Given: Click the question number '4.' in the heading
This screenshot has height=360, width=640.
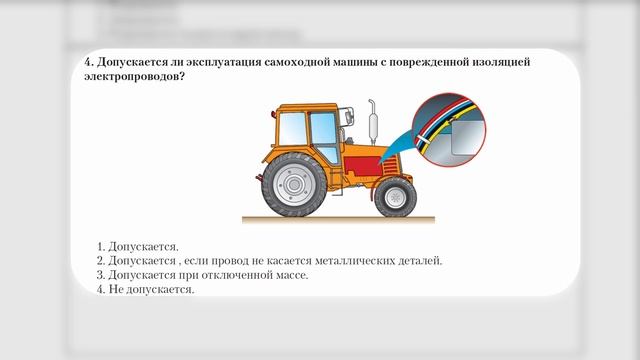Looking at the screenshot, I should (89, 62).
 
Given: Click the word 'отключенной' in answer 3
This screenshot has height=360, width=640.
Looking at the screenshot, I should (232, 275).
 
